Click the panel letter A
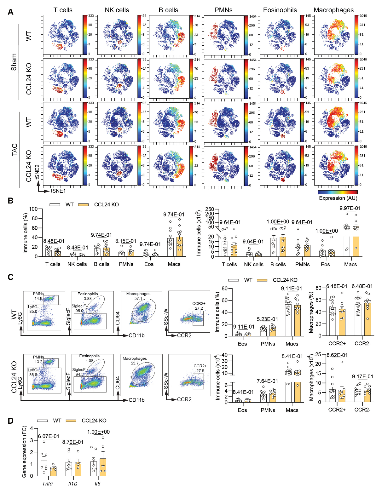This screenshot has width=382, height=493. click(10, 12)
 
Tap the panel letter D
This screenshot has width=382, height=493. click(10, 421)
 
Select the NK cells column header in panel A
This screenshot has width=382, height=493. click(117, 10)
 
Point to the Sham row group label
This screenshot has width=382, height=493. click(14, 62)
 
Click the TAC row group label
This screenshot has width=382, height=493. click(14, 150)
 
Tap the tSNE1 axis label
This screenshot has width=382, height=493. click(58, 191)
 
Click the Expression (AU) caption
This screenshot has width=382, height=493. click(338, 198)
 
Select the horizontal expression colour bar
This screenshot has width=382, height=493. click(338, 192)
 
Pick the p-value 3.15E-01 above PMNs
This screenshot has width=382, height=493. click(126, 241)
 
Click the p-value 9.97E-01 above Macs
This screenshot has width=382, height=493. click(350, 208)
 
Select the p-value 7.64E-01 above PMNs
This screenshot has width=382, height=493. click(268, 381)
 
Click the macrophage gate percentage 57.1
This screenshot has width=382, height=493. click(138, 298)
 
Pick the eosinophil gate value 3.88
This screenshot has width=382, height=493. click(88, 298)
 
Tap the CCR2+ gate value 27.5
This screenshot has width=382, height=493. click(200, 370)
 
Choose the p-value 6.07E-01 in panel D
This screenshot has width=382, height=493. click(49, 436)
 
